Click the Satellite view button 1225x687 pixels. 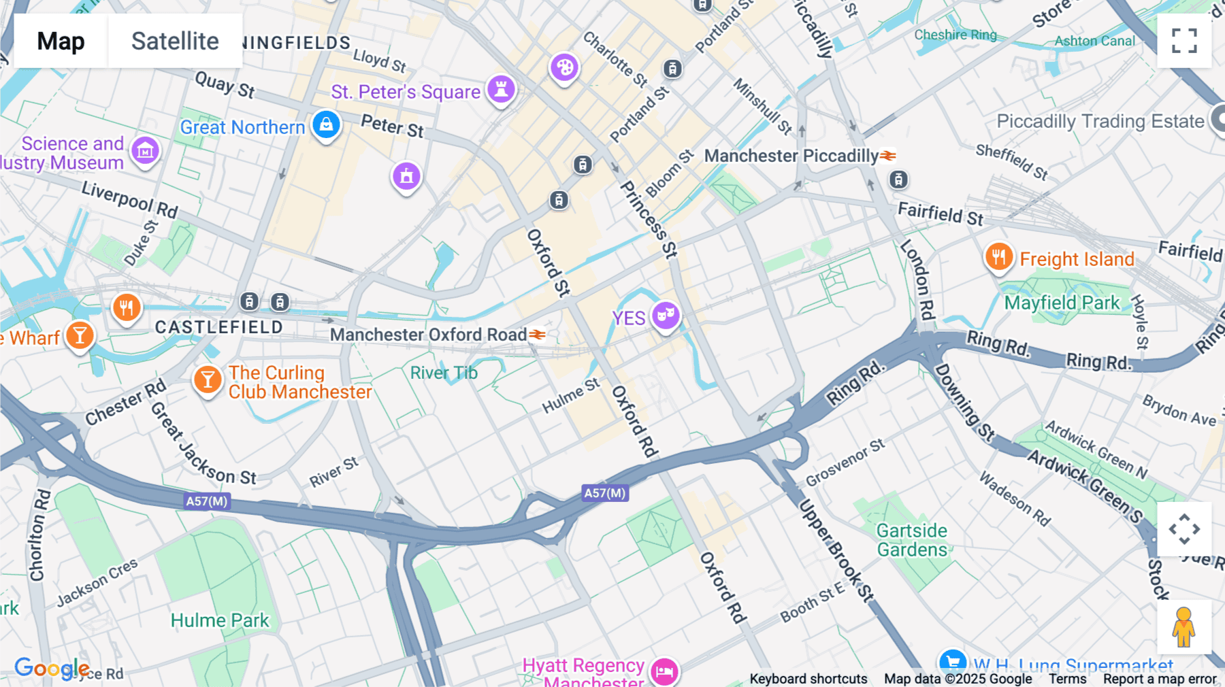tap(175, 41)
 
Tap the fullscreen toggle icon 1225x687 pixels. tap(1184, 41)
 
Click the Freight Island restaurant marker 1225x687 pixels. tap(998, 258)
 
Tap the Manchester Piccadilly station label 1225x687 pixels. tap(791, 156)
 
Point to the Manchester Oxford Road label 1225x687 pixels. tap(429, 335)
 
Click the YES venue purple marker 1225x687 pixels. tap(666, 316)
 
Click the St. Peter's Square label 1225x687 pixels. tap(406, 92)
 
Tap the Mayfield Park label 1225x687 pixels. tap(1062, 303)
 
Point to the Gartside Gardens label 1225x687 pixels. tap(911, 540)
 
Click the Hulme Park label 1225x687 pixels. tap(220, 620)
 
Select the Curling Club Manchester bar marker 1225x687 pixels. tap(208, 380)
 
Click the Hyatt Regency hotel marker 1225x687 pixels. tap(664, 671)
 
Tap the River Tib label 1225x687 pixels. tap(444, 373)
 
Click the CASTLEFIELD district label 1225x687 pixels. tap(218, 327)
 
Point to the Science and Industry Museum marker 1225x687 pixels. tap(145, 150)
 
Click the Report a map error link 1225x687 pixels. tap(1159, 679)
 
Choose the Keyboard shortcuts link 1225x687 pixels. tap(808, 679)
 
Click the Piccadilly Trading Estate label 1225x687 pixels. tap(1100, 122)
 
